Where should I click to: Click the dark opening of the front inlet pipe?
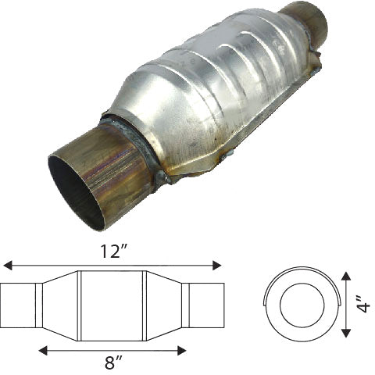point(75,191)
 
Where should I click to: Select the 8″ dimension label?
point(114,362)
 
